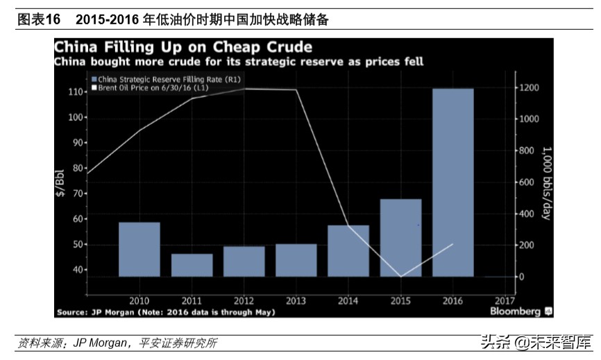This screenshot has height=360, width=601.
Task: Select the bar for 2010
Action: (x=139, y=250)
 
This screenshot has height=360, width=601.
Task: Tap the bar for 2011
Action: (x=192, y=265)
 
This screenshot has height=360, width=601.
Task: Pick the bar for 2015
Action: (x=400, y=238)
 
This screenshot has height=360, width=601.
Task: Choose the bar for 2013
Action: (x=296, y=260)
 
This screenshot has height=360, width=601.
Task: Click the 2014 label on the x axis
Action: (x=348, y=301)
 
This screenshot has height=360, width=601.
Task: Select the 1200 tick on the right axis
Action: (x=531, y=87)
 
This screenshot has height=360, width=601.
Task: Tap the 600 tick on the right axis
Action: (x=529, y=182)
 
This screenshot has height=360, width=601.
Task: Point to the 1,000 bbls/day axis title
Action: (x=546, y=182)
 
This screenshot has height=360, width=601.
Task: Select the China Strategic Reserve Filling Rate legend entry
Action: (x=159, y=79)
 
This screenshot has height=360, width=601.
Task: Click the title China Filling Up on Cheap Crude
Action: (x=183, y=47)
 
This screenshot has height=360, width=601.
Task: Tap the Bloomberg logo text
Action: (x=515, y=311)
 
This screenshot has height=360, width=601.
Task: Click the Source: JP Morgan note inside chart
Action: (x=166, y=312)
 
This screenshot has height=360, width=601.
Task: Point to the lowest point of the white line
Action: (x=400, y=277)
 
